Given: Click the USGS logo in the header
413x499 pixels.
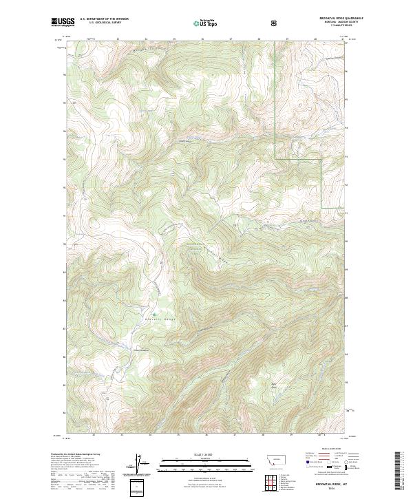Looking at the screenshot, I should coord(63,22).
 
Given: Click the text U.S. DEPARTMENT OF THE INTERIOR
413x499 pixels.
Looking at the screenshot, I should coord(103,19).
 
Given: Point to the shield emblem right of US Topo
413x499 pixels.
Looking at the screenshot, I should coord(275,22).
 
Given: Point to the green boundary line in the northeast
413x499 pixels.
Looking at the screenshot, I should coord(276,103).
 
